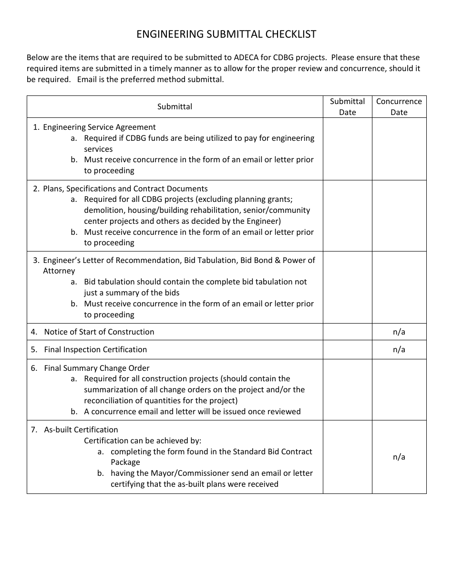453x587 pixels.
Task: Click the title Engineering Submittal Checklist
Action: click(226, 34)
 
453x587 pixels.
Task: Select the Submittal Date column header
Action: click(347, 106)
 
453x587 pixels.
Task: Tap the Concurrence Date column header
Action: click(399, 106)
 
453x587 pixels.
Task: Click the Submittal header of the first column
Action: click(175, 106)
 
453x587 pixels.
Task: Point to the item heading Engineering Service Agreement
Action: click(99, 127)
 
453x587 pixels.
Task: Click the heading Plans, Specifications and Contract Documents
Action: click(125, 189)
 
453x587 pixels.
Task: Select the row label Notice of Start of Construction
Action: click(99, 332)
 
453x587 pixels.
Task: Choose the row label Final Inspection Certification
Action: click(95, 349)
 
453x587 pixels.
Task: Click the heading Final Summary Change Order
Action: click(97, 368)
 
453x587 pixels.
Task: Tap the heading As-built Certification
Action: click(81, 430)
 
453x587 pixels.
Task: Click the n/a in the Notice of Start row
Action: click(399, 332)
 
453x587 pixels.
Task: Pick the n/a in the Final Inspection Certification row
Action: click(399, 349)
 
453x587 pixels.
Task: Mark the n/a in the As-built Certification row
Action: click(399, 457)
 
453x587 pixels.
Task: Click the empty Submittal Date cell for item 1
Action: click(347, 148)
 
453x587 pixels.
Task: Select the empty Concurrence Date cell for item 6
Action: click(399, 389)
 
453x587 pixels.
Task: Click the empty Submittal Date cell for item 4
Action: click(347, 332)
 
